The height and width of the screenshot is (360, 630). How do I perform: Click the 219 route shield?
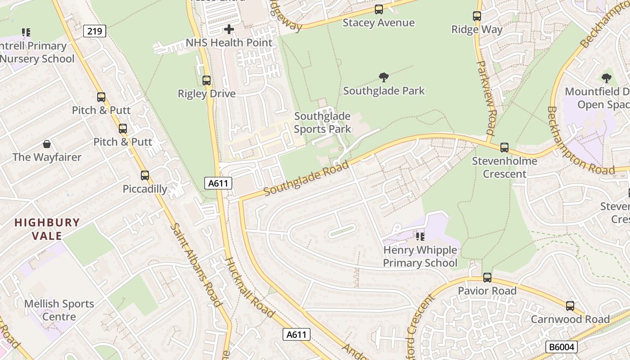coord(94,31)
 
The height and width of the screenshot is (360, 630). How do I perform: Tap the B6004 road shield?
coord(561,347)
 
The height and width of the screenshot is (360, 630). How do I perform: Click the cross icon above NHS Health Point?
coord(229,30)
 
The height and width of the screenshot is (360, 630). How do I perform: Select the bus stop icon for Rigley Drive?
coord(207,81)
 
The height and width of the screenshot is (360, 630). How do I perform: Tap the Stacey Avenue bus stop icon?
coord(379,9)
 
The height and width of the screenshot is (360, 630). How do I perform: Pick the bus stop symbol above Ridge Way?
coord(477,16)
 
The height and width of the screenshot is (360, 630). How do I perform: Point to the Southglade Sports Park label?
coord(322,123)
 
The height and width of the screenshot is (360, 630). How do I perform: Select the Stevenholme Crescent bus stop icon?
coord(504,148)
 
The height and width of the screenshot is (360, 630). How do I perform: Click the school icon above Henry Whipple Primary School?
coord(420,236)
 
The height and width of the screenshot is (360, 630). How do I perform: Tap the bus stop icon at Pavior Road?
coord(487,278)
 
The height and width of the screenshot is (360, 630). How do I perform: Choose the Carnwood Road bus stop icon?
coord(570,306)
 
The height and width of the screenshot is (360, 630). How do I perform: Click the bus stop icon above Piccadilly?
coord(145,175)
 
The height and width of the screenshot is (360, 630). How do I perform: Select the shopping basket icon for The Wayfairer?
coord(47,144)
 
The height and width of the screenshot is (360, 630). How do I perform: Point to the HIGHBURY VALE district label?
coord(47,229)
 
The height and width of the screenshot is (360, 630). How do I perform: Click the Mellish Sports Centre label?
coord(59,310)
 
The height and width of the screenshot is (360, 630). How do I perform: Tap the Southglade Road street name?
coord(306,179)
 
